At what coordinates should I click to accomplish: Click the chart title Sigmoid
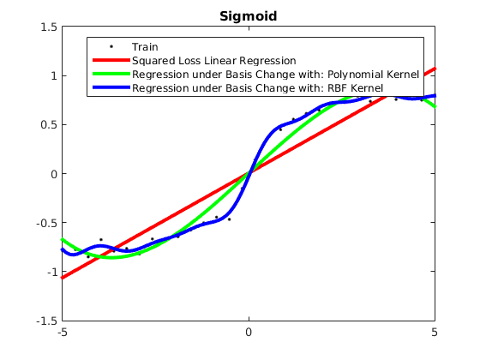click(249, 16)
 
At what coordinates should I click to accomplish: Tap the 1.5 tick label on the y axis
click(49, 27)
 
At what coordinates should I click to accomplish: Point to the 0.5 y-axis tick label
click(49, 125)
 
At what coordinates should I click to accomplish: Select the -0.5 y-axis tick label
click(46, 223)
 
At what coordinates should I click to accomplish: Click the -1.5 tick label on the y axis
click(46, 321)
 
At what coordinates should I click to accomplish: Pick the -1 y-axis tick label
click(52, 272)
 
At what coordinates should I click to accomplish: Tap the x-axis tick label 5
click(435, 333)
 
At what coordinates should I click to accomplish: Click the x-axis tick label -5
click(63, 333)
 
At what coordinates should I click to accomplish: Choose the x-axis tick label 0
click(249, 333)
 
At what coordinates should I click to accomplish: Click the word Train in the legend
click(145, 47)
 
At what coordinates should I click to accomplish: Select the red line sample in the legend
click(111, 60)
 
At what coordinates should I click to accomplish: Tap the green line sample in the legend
click(111, 74)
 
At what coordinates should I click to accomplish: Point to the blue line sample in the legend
click(111, 87)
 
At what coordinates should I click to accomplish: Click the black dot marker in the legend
click(111, 46)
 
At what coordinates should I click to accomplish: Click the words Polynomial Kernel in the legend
click(373, 75)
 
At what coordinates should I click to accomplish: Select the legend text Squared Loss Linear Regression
click(214, 61)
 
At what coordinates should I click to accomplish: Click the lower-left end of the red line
click(62, 278)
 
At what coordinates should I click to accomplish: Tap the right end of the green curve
click(435, 106)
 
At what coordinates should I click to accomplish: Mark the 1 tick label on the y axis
click(54, 76)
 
